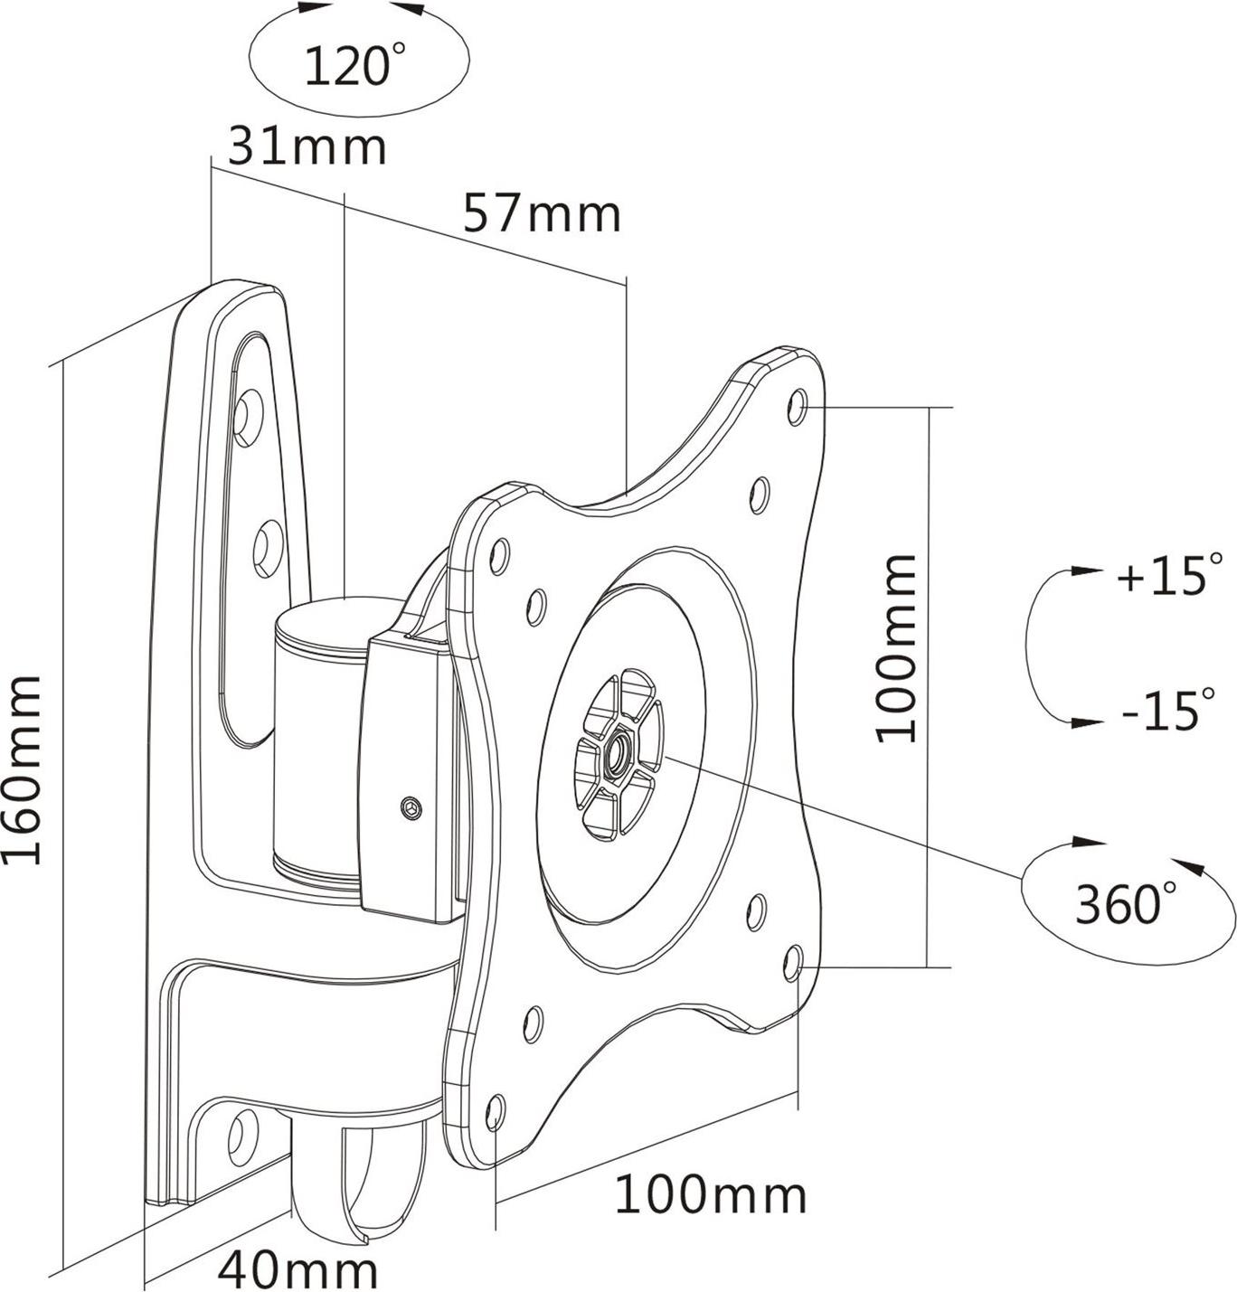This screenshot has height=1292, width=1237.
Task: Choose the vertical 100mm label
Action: [x=898, y=648]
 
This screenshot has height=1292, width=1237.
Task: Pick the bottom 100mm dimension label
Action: [x=711, y=1195]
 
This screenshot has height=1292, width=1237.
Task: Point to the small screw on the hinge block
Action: [x=412, y=807]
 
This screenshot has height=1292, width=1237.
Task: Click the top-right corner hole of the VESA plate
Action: [x=797, y=406]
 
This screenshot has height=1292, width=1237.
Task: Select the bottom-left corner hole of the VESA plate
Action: [x=495, y=1111]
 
